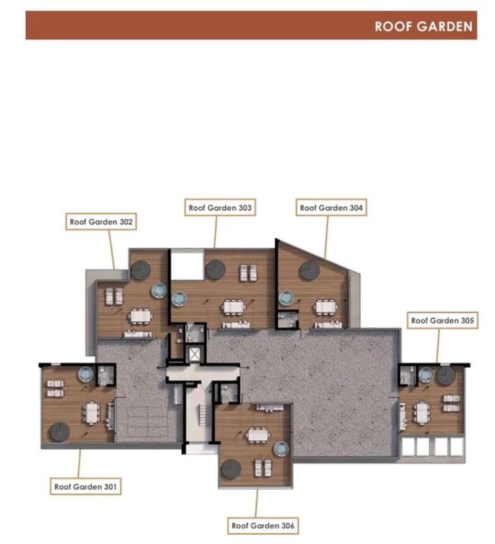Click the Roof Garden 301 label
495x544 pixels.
(86, 487)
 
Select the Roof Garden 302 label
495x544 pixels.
(101, 222)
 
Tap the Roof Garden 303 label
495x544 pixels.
(220, 208)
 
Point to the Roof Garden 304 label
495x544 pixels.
(331, 208)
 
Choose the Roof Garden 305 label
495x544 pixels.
(442, 320)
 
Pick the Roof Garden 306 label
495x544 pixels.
(263, 525)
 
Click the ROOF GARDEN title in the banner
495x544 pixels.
(423, 26)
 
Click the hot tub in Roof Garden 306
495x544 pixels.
(281, 449)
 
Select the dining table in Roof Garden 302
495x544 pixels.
(141, 316)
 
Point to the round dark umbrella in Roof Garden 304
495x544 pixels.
(310, 270)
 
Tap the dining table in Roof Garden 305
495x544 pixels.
(422, 413)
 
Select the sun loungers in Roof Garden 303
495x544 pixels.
(249, 272)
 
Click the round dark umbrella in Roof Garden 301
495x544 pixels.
(60, 432)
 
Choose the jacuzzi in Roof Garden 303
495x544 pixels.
(179, 298)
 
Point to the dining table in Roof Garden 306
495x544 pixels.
(258, 434)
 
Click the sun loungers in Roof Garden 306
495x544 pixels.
(263, 467)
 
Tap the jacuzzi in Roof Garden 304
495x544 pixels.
(287, 298)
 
